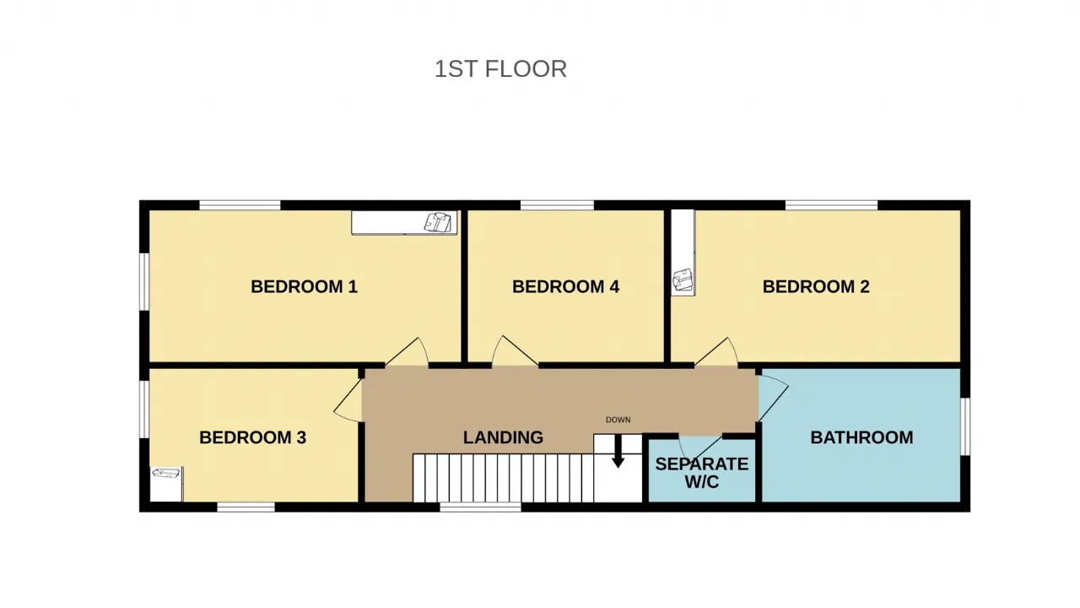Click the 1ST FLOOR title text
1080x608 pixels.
pos(500,69)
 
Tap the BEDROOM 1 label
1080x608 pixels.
pos(305,286)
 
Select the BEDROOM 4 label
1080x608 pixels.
pos(565,286)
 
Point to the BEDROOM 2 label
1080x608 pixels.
pos(816,286)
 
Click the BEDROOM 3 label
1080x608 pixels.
pos(252,437)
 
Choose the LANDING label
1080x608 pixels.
pos(504,437)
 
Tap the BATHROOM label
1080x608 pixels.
pos(861,437)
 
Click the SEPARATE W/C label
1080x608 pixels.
pos(702,473)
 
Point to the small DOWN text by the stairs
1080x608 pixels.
pos(618,420)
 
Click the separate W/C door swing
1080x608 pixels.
pos(699,448)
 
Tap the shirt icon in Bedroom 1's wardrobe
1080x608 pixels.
pos(438,222)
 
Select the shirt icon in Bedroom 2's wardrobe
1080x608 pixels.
pos(683,280)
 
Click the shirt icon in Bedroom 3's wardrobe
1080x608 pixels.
pos(166,473)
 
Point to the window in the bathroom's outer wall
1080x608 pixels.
pos(965,426)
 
